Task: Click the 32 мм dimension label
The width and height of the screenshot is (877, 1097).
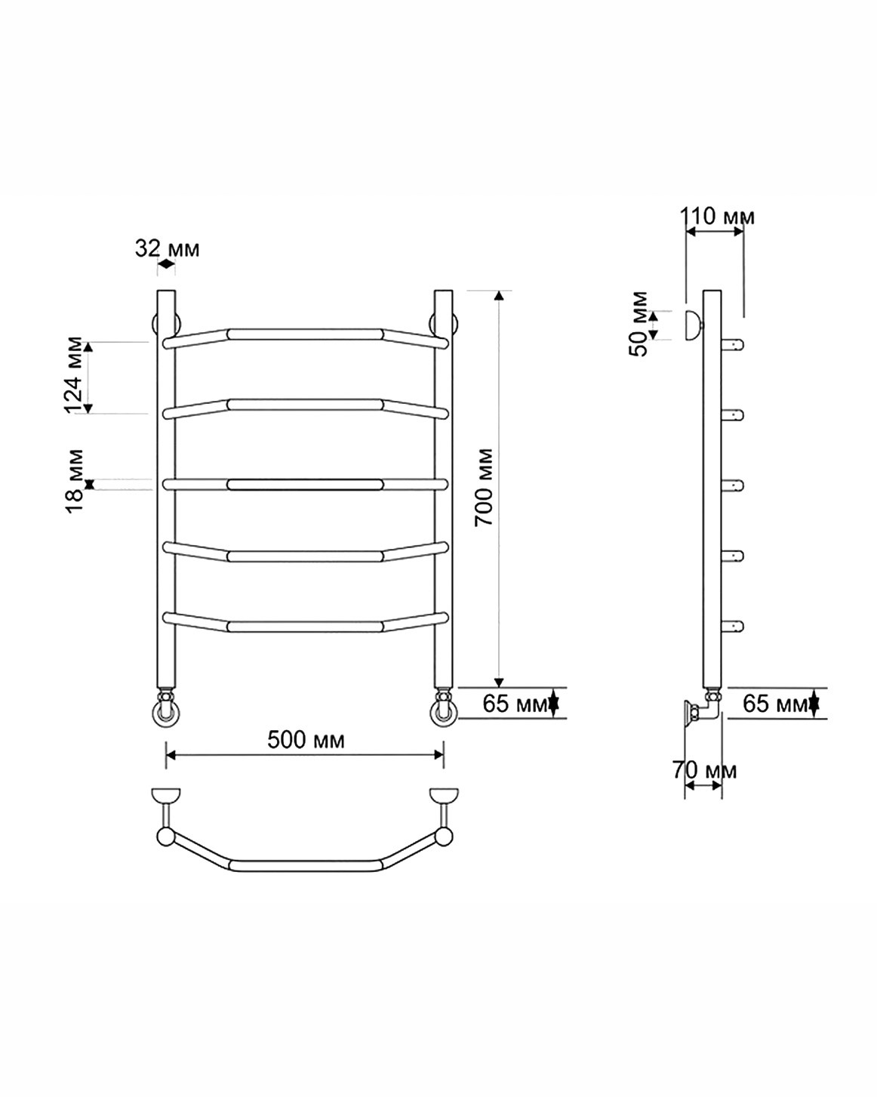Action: coord(166,248)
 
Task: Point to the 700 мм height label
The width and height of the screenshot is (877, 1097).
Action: coord(483,486)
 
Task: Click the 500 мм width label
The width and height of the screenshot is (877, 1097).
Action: coord(305,739)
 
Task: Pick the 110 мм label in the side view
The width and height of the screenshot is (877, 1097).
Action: coord(716,217)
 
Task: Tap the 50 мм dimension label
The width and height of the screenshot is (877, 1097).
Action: coord(638,323)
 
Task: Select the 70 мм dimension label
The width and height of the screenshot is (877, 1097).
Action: coord(704,769)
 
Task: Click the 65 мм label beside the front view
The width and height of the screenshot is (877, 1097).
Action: coord(515,704)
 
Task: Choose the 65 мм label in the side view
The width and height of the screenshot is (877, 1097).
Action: coord(775,704)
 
